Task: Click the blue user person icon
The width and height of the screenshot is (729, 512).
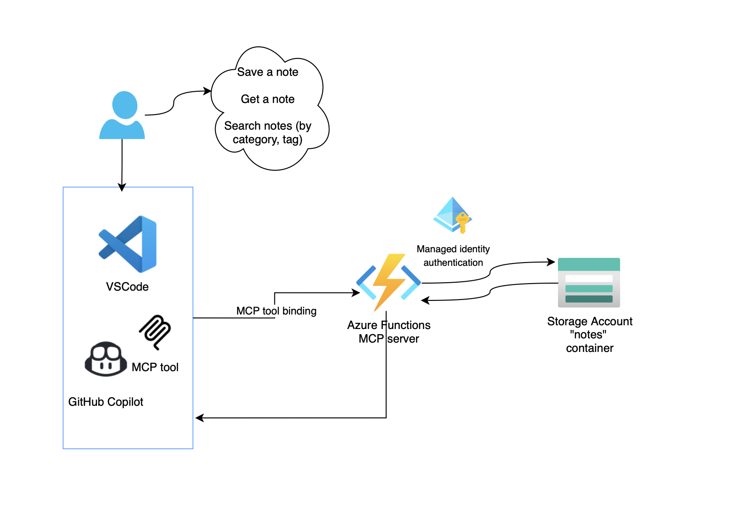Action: coord(122,116)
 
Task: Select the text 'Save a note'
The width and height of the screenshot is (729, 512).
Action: coord(268,72)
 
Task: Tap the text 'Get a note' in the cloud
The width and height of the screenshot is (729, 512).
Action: coord(268,99)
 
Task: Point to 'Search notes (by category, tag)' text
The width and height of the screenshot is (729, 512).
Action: coord(268,132)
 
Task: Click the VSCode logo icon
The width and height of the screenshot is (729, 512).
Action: coord(128,244)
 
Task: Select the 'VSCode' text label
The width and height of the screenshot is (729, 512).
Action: coord(127,287)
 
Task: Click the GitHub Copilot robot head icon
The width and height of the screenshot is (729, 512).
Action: coord(105,359)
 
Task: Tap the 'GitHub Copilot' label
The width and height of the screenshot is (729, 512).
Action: coord(106,402)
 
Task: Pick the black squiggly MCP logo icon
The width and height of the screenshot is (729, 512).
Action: coord(155,332)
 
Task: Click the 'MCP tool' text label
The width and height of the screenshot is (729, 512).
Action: coord(155,367)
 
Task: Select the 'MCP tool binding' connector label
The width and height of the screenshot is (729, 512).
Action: coord(276,311)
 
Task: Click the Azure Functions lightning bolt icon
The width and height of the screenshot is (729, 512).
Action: coord(388,282)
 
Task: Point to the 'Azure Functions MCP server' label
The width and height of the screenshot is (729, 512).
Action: coord(389,332)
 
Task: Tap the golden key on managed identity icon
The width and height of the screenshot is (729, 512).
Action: coord(462,222)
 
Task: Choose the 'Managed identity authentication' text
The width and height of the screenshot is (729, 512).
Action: coord(453,256)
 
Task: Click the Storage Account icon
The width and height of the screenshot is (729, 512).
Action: coord(589,283)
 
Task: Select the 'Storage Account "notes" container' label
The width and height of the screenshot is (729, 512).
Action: coord(589,335)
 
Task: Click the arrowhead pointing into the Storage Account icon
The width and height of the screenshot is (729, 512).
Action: coord(551,262)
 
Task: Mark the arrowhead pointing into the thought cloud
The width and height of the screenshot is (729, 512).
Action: coord(207,91)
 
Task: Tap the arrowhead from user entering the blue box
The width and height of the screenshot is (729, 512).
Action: coord(122,187)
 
